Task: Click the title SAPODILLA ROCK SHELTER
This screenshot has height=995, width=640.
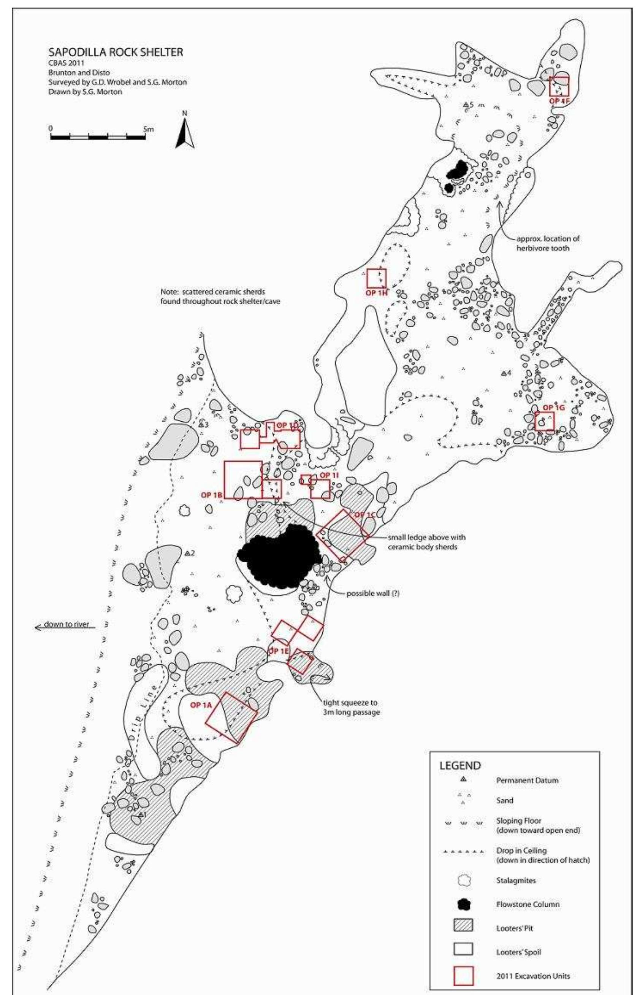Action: click(116, 52)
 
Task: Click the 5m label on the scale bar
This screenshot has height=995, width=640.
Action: click(148, 129)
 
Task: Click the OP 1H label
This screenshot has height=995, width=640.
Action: click(377, 293)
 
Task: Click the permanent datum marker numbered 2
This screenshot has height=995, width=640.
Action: click(188, 554)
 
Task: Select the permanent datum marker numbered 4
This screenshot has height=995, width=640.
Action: click(503, 373)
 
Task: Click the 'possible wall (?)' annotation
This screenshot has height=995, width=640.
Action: click(373, 594)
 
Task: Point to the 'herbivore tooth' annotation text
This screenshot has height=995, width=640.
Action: click(543, 248)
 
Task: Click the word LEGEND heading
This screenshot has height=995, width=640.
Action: click(460, 765)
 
